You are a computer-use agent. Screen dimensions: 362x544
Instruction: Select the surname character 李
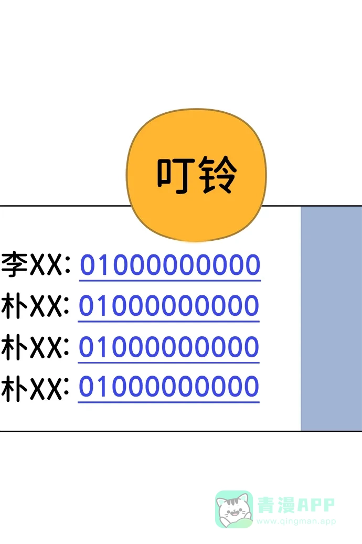pos(14,265)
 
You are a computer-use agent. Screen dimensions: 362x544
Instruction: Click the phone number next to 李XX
pos(170,265)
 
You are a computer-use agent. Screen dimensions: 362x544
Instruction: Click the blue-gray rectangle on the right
pos(331,318)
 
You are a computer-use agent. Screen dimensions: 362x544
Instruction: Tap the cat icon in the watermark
pos(234,509)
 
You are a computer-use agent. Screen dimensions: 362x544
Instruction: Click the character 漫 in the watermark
pos(286,505)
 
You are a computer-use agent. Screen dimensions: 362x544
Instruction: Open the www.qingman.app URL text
pos(296,521)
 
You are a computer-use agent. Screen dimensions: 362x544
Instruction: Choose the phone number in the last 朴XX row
pos(169,387)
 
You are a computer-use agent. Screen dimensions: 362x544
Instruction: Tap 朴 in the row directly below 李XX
pos(14,306)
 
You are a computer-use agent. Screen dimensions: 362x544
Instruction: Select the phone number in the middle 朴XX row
pos(169,346)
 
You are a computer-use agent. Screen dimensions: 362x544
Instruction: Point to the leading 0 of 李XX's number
pos(89,265)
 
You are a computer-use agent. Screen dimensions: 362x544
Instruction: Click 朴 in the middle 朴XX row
pos(14,347)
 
